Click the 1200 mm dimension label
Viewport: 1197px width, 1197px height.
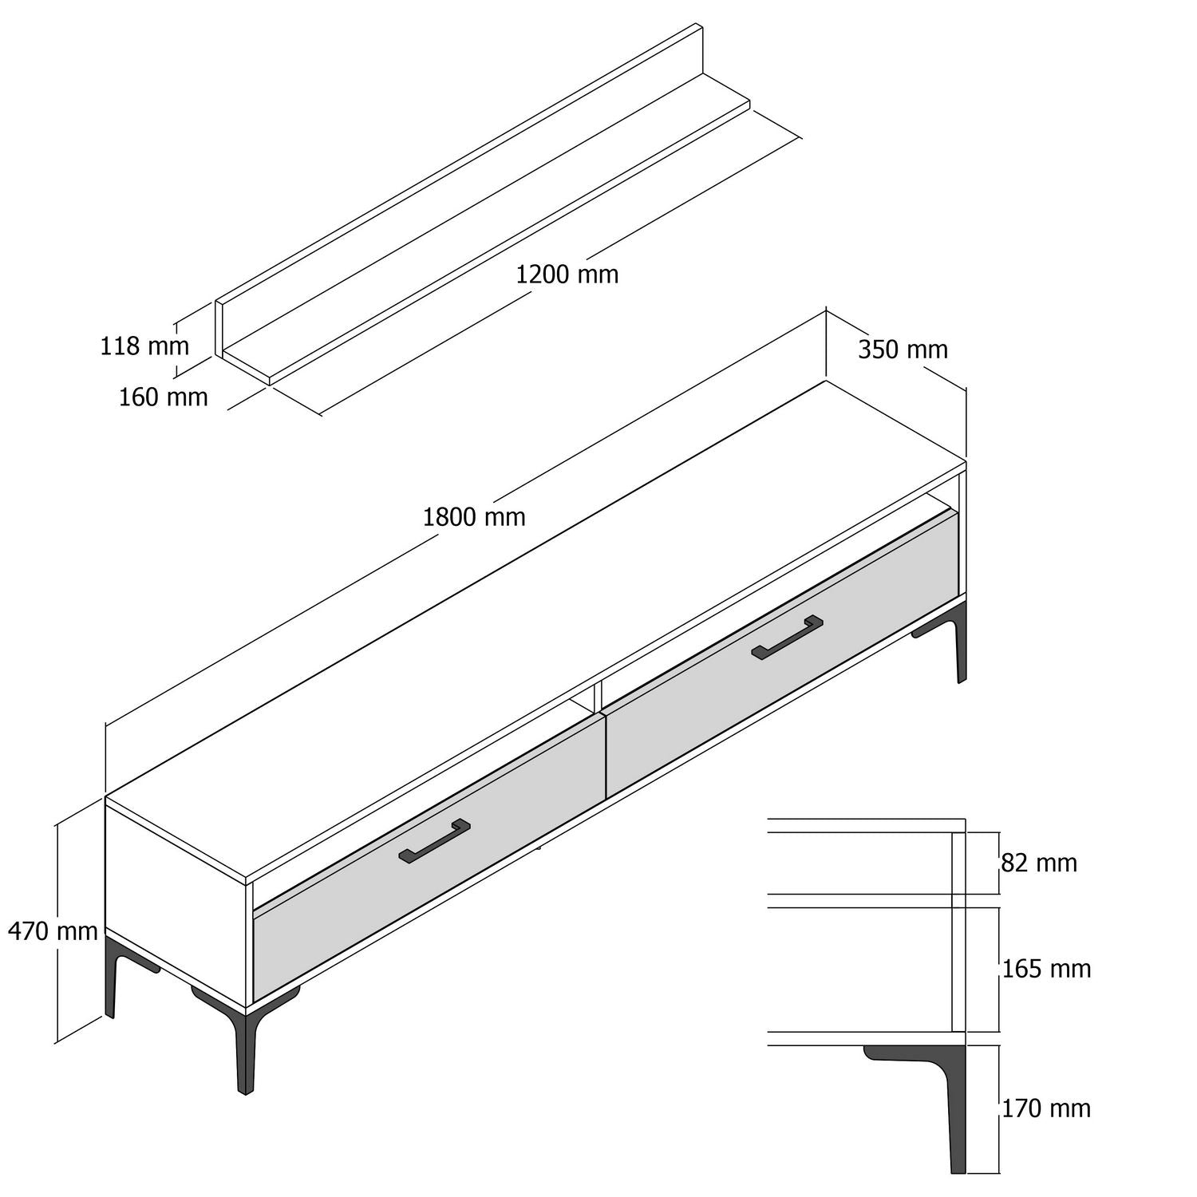(567, 275)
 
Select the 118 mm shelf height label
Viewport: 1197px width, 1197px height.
(144, 346)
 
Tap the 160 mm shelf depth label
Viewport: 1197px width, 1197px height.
(163, 397)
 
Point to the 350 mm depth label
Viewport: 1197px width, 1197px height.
(903, 350)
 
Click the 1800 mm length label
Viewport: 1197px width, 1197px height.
(474, 517)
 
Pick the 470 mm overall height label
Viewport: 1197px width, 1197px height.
(53, 930)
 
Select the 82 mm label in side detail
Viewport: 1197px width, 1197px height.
(1039, 863)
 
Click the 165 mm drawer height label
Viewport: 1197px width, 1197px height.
(1046, 969)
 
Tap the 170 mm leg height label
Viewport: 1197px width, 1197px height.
(1046, 1108)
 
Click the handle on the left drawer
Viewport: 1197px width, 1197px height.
(434, 841)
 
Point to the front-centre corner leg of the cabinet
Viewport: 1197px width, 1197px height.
(246, 1053)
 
